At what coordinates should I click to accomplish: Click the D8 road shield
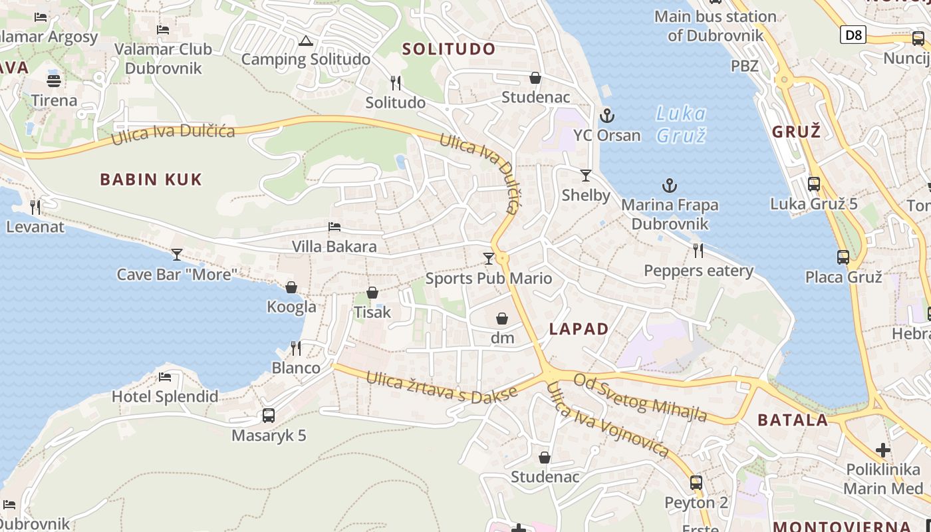tap(853, 35)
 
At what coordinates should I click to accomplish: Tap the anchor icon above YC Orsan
tap(606, 116)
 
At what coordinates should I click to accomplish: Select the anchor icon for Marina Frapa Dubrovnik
tap(670, 186)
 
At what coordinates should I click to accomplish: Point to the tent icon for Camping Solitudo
tap(305, 41)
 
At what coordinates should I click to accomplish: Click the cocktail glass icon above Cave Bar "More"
tap(177, 254)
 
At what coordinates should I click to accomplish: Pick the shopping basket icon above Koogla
tap(291, 287)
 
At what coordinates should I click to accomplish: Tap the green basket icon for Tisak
tap(372, 293)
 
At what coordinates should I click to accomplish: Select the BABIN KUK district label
tap(151, 179)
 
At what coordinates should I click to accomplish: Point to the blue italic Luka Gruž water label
tap(680, 124)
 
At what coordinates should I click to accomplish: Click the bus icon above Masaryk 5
tap(269, 416)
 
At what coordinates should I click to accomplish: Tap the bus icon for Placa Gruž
tap(843, 257)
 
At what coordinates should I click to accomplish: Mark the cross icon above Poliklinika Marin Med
tap(883, 450)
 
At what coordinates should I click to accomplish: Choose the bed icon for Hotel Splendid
tap(165, 377)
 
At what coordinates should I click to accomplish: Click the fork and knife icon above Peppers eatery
tap(698, 251)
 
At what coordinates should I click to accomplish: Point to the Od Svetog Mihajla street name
tap(640, 397)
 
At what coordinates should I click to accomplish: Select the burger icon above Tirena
tap(54, 80)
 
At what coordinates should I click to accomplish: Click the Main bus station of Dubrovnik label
tap(715, 25)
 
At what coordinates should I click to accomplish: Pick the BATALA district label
tap(793, 420)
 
